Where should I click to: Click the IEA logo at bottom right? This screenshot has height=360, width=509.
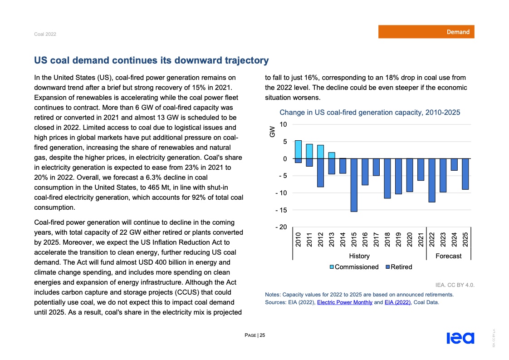(x=460, y=338)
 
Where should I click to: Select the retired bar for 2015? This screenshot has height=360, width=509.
(x=353, y=185)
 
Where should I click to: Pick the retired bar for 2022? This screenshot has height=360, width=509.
(x=431, y=180)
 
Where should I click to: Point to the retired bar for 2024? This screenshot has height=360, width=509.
(x=454, y=164)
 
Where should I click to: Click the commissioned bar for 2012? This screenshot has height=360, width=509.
(x=320, y=152)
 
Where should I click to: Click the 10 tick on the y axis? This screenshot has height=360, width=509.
(x=283, y=124)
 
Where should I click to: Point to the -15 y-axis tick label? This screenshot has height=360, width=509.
(x=281, y=210)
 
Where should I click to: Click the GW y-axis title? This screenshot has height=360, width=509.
(x=272, y=132)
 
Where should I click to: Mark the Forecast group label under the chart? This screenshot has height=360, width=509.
(x=448, y=256)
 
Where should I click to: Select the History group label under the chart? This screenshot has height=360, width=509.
(x=359, y=256)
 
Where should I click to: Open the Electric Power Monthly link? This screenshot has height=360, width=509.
(x=345, y=302)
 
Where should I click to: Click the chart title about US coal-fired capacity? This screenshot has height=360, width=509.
(x=370, y=112)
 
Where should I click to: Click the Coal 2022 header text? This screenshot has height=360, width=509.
(x=45, y=35)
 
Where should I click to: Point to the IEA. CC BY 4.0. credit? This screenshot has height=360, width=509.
(x=455, y=285)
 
